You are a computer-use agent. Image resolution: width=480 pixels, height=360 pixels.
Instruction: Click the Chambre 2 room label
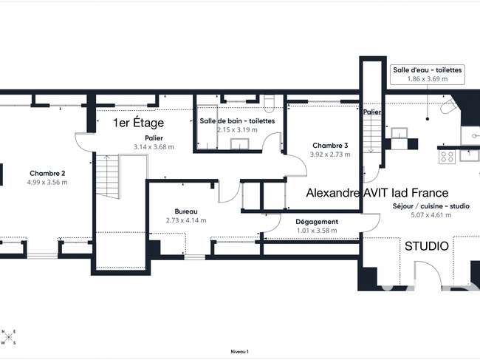tap(47, 174)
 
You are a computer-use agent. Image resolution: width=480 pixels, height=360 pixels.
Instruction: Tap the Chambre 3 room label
tap(330, 146)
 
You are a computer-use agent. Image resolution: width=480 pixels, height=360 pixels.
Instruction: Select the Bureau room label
tap(186, 211)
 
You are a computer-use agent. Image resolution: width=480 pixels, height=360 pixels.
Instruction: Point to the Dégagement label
tap(317, 222)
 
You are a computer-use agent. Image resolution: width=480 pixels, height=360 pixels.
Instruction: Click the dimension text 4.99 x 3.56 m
tap(47, 183)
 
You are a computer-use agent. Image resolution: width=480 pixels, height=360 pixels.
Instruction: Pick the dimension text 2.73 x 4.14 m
tap(186, 220)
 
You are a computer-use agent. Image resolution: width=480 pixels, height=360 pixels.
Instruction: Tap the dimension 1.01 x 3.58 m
tap(317, 231)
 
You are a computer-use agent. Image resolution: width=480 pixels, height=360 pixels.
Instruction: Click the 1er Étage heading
tap(138, 123)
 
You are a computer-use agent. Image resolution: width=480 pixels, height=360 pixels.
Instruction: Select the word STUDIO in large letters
tap(427, 246)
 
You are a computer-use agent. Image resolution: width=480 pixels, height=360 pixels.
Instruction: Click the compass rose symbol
tap(9, 337)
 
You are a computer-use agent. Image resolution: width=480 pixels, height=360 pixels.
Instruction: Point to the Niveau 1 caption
tap(240, 352)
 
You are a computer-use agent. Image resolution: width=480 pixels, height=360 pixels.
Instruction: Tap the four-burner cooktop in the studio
tap(448, 157)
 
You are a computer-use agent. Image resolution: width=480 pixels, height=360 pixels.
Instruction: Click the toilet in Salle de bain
tap(270, 103)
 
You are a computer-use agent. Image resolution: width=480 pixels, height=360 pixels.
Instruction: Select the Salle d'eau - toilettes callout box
tap(428, 75)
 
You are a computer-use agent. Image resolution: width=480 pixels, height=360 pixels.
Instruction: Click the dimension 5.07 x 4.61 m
tap(431, 215)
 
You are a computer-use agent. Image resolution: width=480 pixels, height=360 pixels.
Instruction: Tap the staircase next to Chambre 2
tap(108, 177)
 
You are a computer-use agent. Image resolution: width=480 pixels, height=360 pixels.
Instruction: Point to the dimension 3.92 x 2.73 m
tap(330, 154)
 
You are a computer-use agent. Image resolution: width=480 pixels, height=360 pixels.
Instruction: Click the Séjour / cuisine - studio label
tap(431, 206)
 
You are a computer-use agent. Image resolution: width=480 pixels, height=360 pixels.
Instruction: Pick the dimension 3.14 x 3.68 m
tap(154, 147)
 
